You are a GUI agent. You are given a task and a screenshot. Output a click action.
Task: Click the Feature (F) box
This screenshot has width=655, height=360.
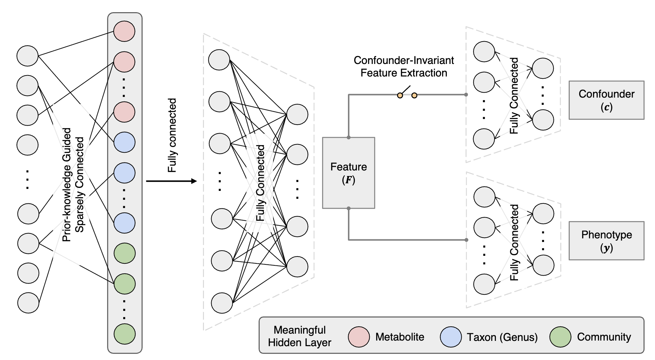click(x=348, y=173)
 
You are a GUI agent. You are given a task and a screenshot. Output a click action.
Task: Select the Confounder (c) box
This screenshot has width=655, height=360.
click(x=606, y=100)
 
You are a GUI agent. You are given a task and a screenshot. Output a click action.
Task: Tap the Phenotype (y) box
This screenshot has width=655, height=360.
click(x=606, y=241)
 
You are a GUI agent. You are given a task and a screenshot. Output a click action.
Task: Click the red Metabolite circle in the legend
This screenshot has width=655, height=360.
click(x=359, y=337)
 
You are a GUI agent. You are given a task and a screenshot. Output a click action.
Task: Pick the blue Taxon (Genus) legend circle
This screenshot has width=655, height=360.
click(x=450, y=337)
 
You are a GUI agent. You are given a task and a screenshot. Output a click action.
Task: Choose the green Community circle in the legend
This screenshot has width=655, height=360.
click(x=560, y=337)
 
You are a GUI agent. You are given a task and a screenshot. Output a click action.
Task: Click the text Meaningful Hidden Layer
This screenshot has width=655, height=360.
click(x=299, y=336)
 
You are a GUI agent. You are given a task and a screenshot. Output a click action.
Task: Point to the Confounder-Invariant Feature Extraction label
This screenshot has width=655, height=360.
click(x=404, y=67)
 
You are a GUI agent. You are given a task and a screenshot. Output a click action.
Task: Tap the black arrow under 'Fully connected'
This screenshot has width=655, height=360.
click(x=171, y=181)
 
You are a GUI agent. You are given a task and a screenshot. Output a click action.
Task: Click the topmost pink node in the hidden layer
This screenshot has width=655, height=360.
click(x=124, y=31)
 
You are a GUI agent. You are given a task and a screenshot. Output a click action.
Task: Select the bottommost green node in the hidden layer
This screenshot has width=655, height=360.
click(x=125, y=334)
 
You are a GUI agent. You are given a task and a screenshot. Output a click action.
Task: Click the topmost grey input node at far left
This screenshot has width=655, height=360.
click(x=27, y=56)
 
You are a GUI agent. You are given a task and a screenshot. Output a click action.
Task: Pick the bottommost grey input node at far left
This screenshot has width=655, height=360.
click(x=28, y=303)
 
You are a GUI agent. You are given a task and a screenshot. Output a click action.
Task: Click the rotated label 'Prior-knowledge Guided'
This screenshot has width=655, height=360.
click(x=67, y=185)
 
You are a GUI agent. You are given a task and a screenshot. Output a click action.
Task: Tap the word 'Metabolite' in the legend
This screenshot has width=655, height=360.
click(x=400, y=337)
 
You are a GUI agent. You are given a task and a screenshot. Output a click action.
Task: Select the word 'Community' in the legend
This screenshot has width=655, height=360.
click(x=604, y=337)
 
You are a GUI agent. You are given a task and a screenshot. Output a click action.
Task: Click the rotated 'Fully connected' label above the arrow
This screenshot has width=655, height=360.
click(x=172, y=135)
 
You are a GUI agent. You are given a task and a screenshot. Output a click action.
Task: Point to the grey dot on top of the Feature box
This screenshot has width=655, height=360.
click(x=349, y=137)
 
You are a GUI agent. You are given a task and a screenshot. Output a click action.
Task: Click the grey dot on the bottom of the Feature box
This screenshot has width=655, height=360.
click(x=349, y=208)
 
